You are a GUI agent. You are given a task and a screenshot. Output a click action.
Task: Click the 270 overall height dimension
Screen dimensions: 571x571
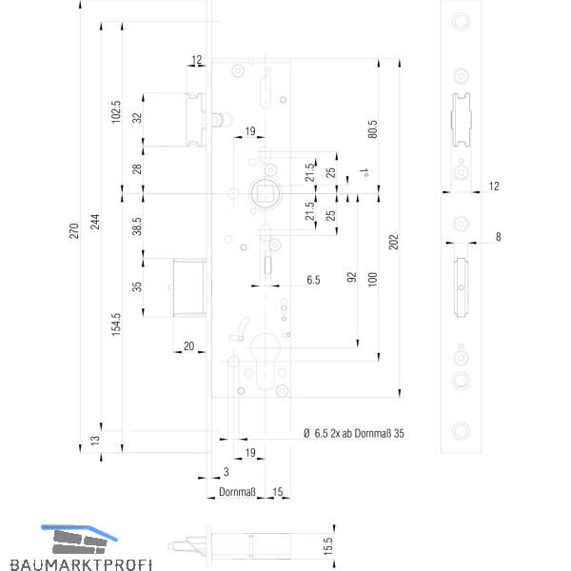pos(74,231)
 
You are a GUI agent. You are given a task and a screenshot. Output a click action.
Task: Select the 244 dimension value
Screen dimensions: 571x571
pos(94,222)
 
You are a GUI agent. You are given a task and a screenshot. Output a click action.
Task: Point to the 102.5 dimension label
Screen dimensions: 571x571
pos(116,112)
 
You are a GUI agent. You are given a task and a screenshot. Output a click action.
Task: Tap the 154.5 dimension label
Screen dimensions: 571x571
pos(116,325)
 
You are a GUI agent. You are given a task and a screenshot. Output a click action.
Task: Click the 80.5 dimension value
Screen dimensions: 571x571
pos(372,128)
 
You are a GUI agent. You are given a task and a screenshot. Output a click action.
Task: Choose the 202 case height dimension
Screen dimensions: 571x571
pos(394,242)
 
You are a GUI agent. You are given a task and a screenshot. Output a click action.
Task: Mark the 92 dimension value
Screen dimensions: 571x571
pos(351,277)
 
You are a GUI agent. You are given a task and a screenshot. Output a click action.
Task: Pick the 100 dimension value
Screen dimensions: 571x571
pos(372,279)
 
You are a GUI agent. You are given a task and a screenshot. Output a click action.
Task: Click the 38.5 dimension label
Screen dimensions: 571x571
pos(137,226)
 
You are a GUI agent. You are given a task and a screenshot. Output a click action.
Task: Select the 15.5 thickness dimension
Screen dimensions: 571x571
pos(328,546)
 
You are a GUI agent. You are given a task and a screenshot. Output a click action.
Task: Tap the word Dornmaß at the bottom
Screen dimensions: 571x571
pos(237,492)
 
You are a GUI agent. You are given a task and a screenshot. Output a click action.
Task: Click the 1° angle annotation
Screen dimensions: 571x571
pos(364,172)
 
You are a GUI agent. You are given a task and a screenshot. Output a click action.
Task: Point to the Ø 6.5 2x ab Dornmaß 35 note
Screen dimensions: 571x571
pos(354,433)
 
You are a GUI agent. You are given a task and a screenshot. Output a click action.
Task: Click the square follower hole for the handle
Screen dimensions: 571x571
pos(265,193)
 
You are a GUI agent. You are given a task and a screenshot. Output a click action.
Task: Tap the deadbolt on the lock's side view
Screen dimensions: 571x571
pos(189,287)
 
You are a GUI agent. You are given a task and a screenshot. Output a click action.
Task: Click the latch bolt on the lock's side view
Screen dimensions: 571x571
pos(196,120)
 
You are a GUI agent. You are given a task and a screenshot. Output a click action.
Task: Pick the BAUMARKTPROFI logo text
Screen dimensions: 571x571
pos(81,564)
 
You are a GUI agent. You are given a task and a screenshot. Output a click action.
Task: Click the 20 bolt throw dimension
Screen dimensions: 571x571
pos(189,346)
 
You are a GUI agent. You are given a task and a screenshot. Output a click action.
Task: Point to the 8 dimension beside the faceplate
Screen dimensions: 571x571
pos(498,237)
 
